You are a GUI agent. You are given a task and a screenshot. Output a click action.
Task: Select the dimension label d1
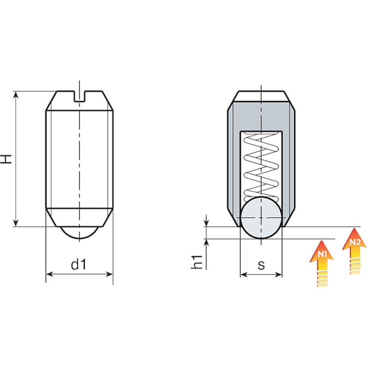[79, 264]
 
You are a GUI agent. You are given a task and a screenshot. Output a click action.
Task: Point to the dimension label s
[261, 265]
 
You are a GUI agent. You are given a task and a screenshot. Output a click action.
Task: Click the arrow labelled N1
[322, 263]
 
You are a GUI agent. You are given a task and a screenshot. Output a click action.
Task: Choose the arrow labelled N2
[355, 251]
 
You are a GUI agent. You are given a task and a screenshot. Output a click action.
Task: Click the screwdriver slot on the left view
[80, 96]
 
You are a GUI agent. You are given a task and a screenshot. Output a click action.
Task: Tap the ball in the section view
[261, 218]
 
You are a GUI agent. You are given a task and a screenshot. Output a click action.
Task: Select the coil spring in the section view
[261, 167]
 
